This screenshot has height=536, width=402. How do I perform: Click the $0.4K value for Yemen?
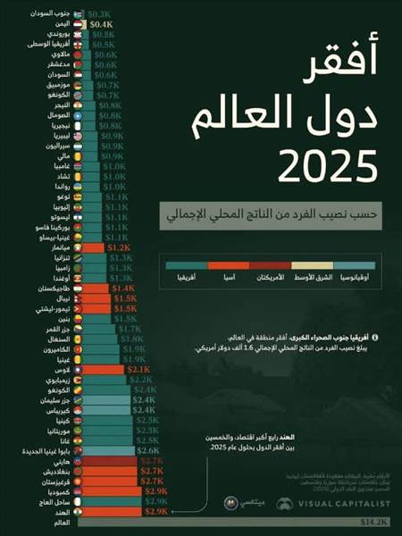[113, 24]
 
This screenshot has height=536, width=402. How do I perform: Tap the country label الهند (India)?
[68, 511]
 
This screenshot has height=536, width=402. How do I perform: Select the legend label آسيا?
[229, 280]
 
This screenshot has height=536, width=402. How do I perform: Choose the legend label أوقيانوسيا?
[360, 280]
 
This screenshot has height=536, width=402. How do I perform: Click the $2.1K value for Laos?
[138, 369]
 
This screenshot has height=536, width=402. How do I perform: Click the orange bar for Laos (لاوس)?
[107, 369]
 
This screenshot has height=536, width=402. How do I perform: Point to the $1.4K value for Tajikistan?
[123, 289]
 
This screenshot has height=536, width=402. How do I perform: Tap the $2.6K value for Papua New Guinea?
[148, 450]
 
